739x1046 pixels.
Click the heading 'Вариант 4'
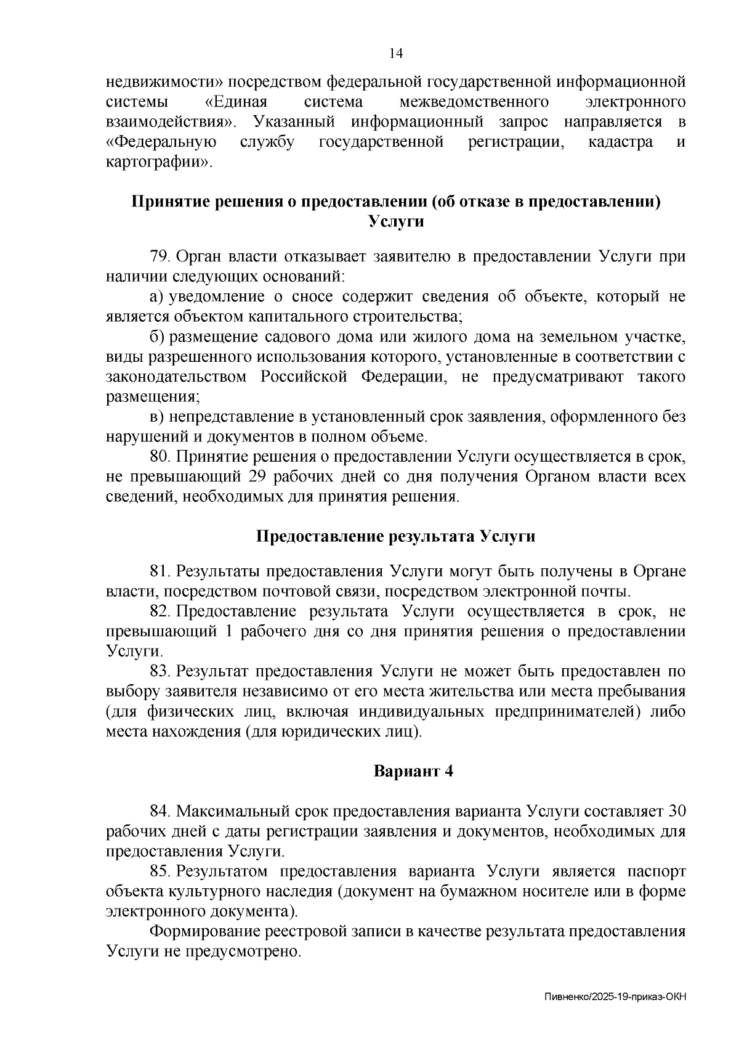point(413,771)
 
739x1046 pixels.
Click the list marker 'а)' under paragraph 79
point(156,297)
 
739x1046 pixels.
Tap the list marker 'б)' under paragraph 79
point(156,337)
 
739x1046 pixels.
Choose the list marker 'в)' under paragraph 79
point(156,417)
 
